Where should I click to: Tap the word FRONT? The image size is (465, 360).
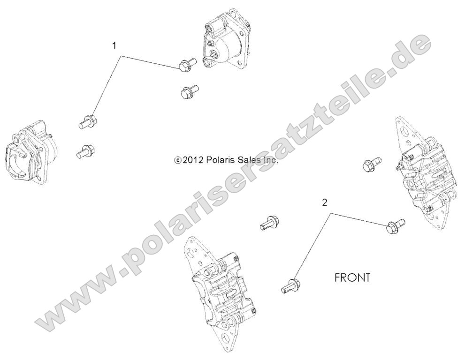(x=352, y=277)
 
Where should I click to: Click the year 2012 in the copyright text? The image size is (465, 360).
(x=192, y=160)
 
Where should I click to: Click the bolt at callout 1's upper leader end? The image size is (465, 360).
(x=187, y=66)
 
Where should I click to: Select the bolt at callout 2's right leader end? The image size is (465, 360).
(x=393, y=226)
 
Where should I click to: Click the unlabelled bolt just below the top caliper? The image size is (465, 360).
(x=189, y=90)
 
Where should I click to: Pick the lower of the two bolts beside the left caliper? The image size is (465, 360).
(x=86, y=150)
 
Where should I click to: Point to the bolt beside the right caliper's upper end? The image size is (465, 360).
(x=373, y=164)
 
